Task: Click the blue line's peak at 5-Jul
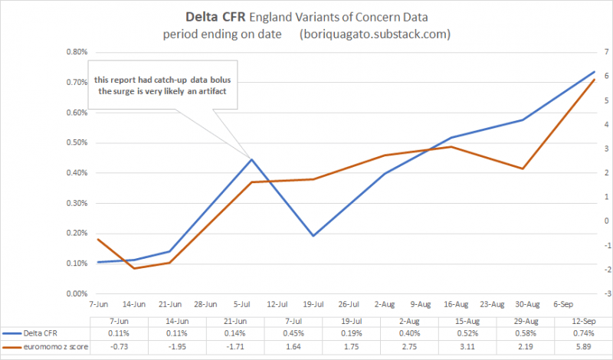pos(252,159)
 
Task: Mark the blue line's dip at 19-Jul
pos(313,236)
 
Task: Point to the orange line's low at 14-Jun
pos(134,268)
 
